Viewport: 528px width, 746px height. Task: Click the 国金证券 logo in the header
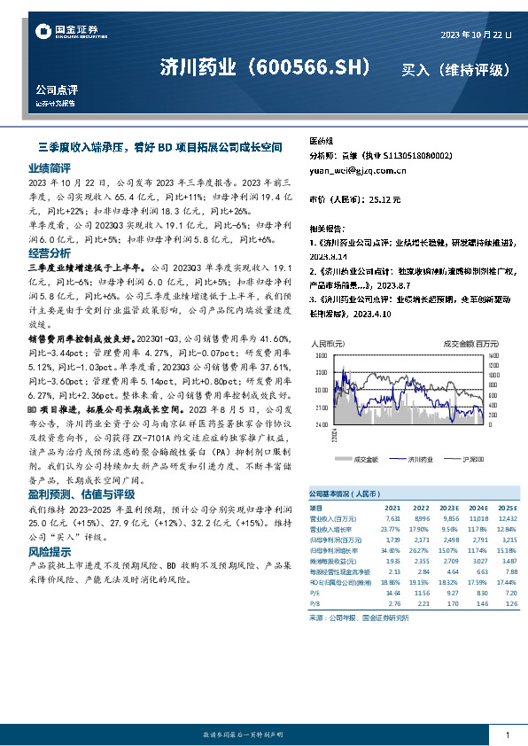tap(62, 33)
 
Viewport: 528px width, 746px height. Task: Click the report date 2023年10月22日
tap(476, 35)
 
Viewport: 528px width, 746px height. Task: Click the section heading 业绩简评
tap(49, 167)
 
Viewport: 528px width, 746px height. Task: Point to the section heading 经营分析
tap(49, 253)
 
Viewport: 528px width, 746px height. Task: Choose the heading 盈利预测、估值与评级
tap(81, 493)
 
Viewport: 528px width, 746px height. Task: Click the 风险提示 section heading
tap(49, 551)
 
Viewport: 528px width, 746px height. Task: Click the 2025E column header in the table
tap(506, 507)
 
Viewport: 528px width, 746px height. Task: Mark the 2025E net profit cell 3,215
tap(508, 539)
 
